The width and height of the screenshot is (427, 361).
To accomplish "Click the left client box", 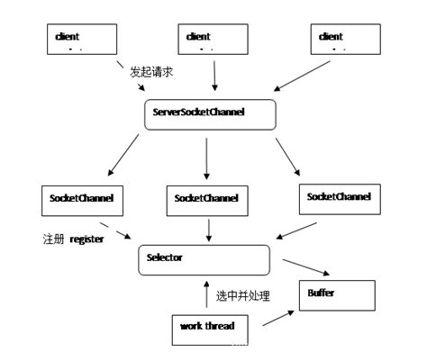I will (x=81, y=41).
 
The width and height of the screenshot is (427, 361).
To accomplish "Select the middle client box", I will (x=213, y=41).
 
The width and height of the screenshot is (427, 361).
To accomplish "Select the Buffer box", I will (x=334, y=295).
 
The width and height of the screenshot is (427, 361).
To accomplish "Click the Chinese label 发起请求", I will (x=156, y=70).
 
